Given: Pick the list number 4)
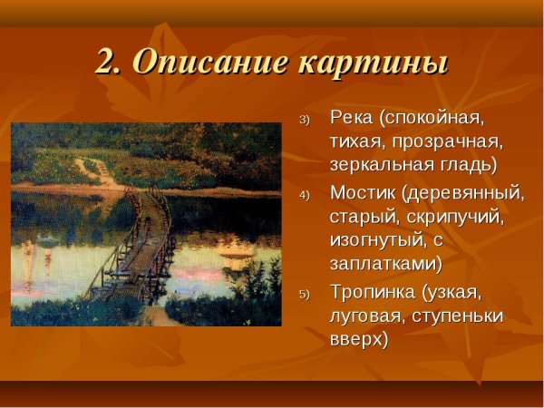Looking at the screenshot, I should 305,196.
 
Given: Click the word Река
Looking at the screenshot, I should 352,118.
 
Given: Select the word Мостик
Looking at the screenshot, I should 363,192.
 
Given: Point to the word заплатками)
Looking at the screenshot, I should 386,266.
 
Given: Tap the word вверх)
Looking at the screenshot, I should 359,340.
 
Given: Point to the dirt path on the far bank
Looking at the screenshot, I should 95,170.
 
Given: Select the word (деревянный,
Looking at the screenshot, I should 464,192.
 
